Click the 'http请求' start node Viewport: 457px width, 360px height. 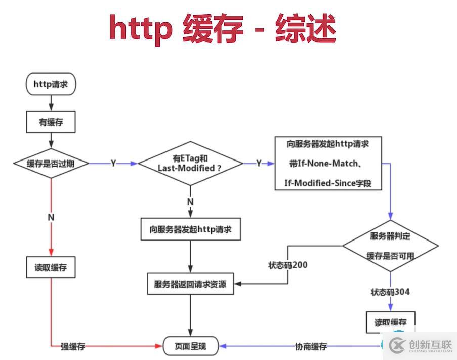51,84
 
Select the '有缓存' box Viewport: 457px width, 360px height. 51,122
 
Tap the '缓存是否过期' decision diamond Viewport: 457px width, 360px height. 51,163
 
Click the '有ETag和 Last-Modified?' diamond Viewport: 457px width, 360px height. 190,163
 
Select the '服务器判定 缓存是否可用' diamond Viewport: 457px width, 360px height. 390,246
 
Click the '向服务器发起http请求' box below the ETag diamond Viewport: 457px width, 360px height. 191,229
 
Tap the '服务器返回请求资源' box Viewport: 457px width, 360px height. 191,284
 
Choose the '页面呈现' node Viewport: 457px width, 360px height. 191,346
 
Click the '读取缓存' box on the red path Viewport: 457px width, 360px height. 51,267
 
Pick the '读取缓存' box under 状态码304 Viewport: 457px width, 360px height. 390,322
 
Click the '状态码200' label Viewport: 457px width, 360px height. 287,265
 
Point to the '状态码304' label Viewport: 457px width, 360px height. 390,292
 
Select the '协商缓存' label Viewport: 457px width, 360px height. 311,347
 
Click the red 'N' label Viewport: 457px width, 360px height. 51,217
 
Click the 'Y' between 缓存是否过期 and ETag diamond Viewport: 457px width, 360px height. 113,164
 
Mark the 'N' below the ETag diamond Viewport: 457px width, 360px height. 190,202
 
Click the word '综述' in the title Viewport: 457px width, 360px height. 306,28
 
